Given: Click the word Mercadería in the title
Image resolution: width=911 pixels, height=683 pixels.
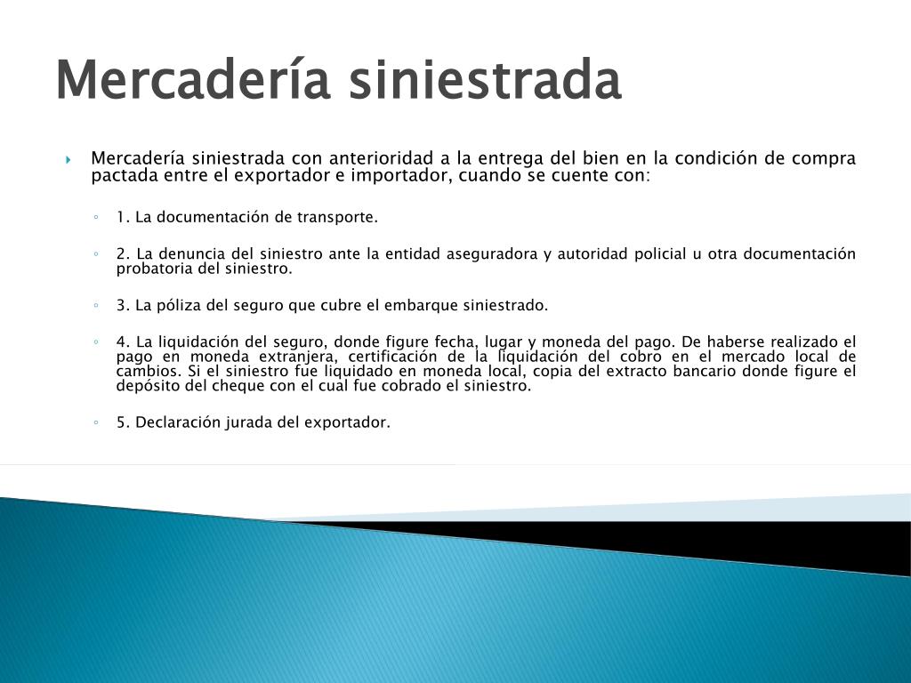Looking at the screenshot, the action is point(193,79).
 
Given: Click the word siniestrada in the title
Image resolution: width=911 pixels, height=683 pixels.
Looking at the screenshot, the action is point(485,79).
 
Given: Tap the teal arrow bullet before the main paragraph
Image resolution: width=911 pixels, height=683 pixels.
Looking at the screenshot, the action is point(68,159).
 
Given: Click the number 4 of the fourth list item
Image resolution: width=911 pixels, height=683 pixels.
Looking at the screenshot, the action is point(122,341).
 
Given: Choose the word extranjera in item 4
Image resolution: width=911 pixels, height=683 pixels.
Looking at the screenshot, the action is point(297,357).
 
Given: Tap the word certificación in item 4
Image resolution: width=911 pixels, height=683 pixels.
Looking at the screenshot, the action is point(392,356).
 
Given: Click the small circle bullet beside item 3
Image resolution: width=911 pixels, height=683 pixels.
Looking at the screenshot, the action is point(96,305).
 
